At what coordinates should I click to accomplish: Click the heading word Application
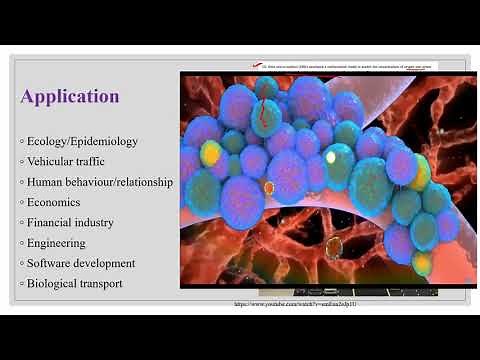(x=70, y=97)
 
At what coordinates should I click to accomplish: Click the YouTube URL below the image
(x=296, y=304)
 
